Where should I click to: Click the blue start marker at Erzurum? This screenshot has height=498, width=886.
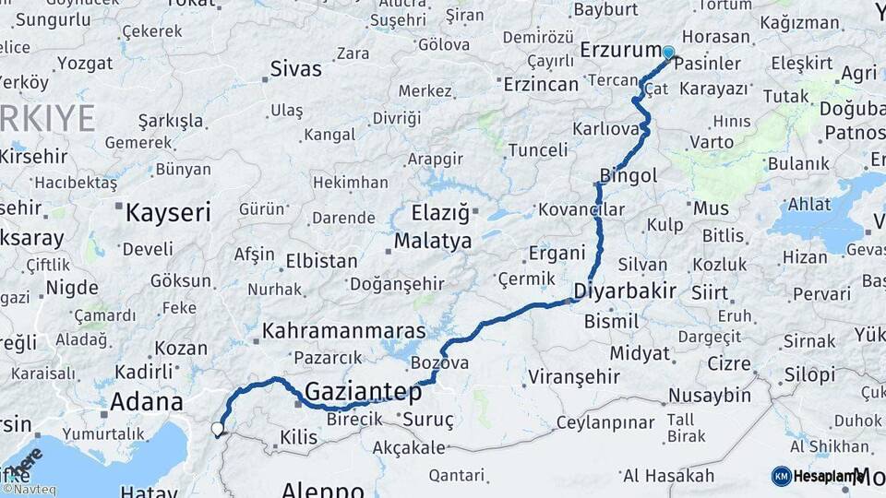click(667, 53)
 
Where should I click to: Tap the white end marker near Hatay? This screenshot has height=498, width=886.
click(218, 428)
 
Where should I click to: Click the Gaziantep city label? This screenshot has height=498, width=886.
click(363, 391)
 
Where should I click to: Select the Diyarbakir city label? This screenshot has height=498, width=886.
click(625, 291)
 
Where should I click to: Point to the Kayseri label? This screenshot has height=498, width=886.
click(168, 212)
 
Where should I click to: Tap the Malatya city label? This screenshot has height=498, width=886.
click(433, 242)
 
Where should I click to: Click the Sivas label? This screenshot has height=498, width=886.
click(296, 68)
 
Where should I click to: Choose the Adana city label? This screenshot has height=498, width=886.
click(146, 402)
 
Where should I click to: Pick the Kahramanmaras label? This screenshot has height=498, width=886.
click(344, 330)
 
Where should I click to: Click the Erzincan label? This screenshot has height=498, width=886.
click(542, 83)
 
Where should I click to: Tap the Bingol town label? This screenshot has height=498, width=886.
click(629, 174)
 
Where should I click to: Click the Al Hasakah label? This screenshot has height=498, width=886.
click(669, 476)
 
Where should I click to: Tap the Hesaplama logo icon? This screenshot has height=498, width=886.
click(782, 476)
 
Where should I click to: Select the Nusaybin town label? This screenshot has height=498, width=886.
click(710, 396)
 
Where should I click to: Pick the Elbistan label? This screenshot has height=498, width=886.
click(321, 261)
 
